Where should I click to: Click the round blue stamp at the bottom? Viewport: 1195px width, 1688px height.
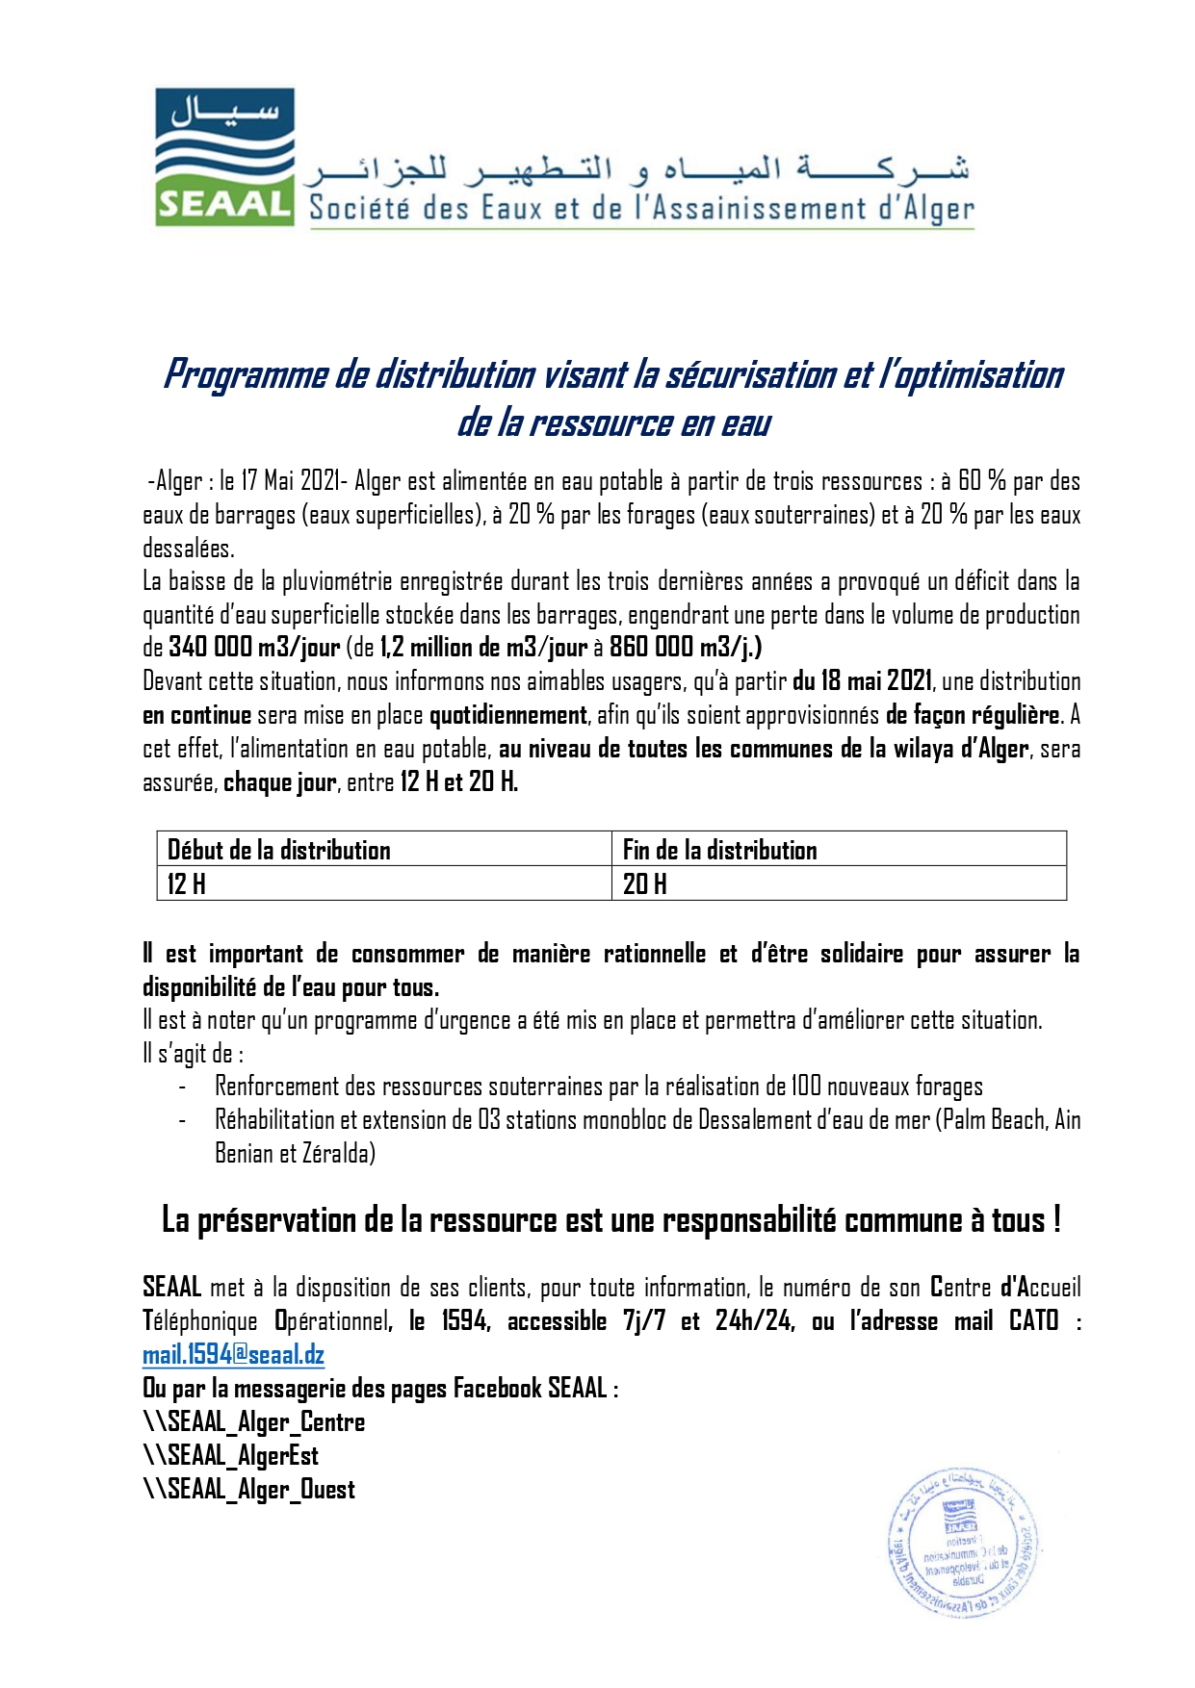962,1543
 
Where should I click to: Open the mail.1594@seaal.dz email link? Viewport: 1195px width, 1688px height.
233,1355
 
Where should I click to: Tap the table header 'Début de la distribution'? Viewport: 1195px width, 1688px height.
279,850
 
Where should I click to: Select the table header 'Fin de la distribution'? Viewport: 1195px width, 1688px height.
719,850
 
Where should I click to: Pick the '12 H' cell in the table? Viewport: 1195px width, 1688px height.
187,883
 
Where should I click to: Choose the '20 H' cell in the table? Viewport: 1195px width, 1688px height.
644,883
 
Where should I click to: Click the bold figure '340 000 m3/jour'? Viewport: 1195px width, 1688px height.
254,647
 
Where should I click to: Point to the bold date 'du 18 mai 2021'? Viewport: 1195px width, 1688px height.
862,681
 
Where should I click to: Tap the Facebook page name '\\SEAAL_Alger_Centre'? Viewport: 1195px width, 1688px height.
254,1421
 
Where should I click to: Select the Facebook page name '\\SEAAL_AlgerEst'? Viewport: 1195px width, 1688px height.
231,1455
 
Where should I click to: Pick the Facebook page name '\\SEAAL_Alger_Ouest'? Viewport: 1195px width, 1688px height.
249,1489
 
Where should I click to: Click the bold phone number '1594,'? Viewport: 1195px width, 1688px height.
466,1321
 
